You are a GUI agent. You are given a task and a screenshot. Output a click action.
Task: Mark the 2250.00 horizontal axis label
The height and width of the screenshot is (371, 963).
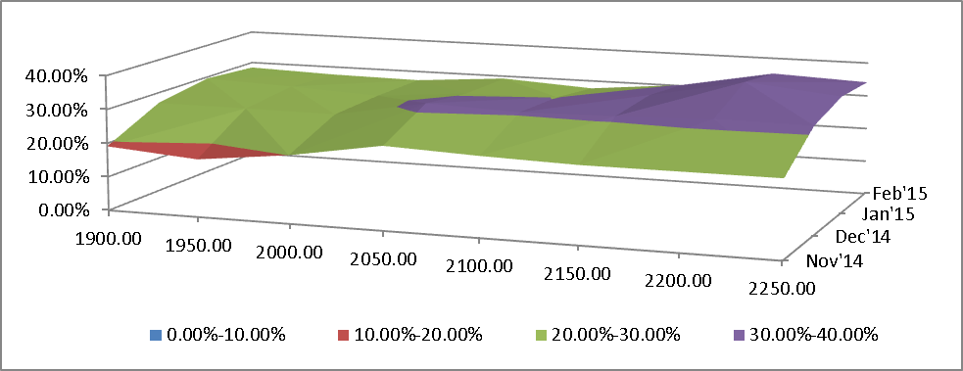tap(780, 288)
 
